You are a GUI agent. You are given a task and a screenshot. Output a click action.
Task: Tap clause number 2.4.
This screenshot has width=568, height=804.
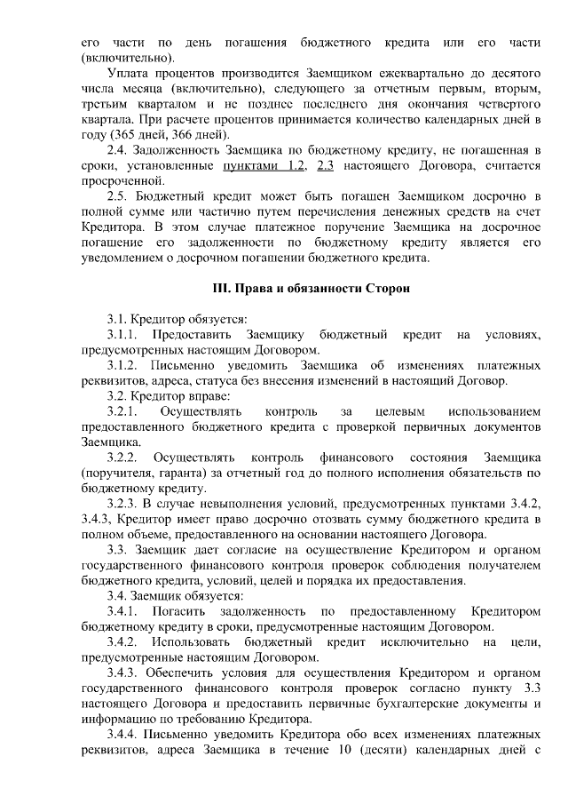(116, 150)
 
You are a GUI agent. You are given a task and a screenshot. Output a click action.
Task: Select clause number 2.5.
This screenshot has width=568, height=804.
(116, 195)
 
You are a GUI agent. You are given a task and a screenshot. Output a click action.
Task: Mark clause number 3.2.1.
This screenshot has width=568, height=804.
(122, 411)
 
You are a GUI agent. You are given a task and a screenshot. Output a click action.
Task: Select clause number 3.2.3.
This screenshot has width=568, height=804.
(122, 504)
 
